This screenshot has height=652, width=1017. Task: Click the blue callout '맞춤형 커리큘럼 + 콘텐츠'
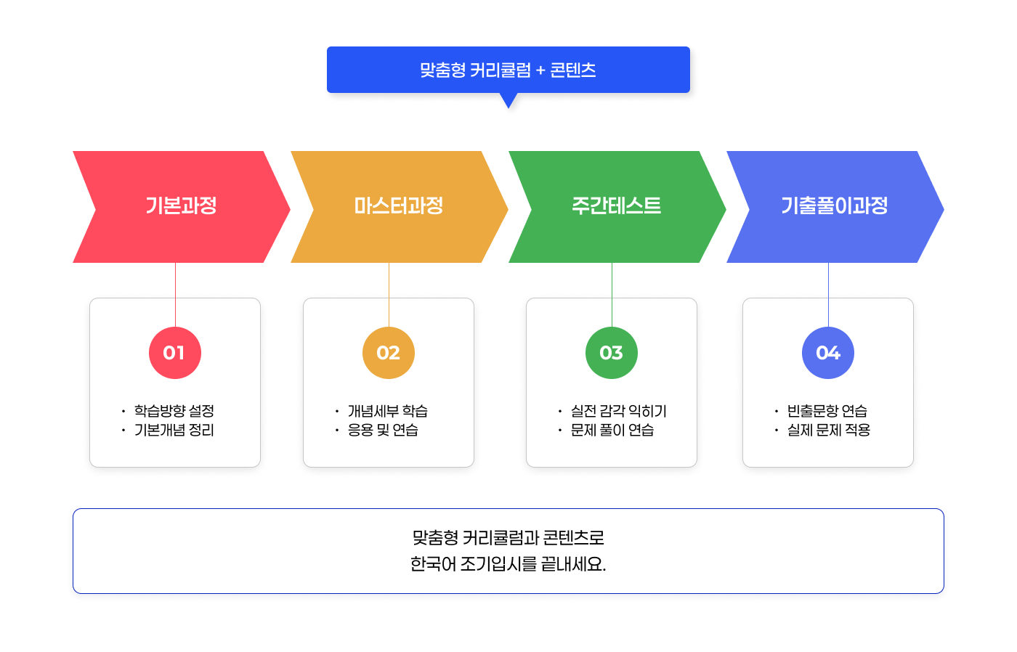(508, 70)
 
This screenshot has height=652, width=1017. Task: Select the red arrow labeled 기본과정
(181, 206)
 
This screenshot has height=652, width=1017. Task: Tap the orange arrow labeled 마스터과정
(399, 206)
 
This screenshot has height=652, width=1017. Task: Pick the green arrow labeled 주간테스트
(616, 206)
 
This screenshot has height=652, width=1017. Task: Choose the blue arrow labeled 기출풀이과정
(834, 206)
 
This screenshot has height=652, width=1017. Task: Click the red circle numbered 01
(174, 353)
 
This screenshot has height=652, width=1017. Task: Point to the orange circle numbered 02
(389, 353)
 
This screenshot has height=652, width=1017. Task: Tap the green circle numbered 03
(612, 353)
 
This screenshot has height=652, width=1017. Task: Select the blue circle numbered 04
(828, 353)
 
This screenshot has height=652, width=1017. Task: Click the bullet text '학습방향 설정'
(174, 411)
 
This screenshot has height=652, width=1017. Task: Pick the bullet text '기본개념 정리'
(174, 430)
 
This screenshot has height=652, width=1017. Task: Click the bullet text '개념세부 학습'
(388, 411)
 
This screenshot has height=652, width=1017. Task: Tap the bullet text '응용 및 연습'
(383, 430)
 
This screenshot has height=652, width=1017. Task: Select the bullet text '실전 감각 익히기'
(619, 411)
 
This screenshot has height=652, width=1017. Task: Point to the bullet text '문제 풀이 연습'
(612, 430)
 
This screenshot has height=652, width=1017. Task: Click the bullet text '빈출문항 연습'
(827, 411)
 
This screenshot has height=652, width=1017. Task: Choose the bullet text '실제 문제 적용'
(829, 430)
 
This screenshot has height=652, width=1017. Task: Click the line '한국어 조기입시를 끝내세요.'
(508, 564)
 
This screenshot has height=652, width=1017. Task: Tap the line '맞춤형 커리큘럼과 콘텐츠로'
(508, 538)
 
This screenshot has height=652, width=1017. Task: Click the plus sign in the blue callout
(540, 70)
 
